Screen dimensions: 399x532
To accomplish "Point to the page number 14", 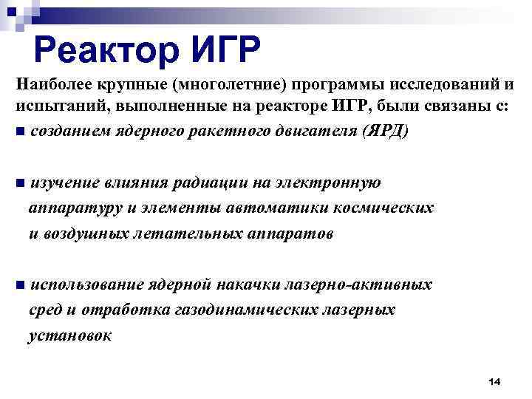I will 494,381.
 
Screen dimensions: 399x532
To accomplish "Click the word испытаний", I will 52,108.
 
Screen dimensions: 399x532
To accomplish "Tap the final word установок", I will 70,335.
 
